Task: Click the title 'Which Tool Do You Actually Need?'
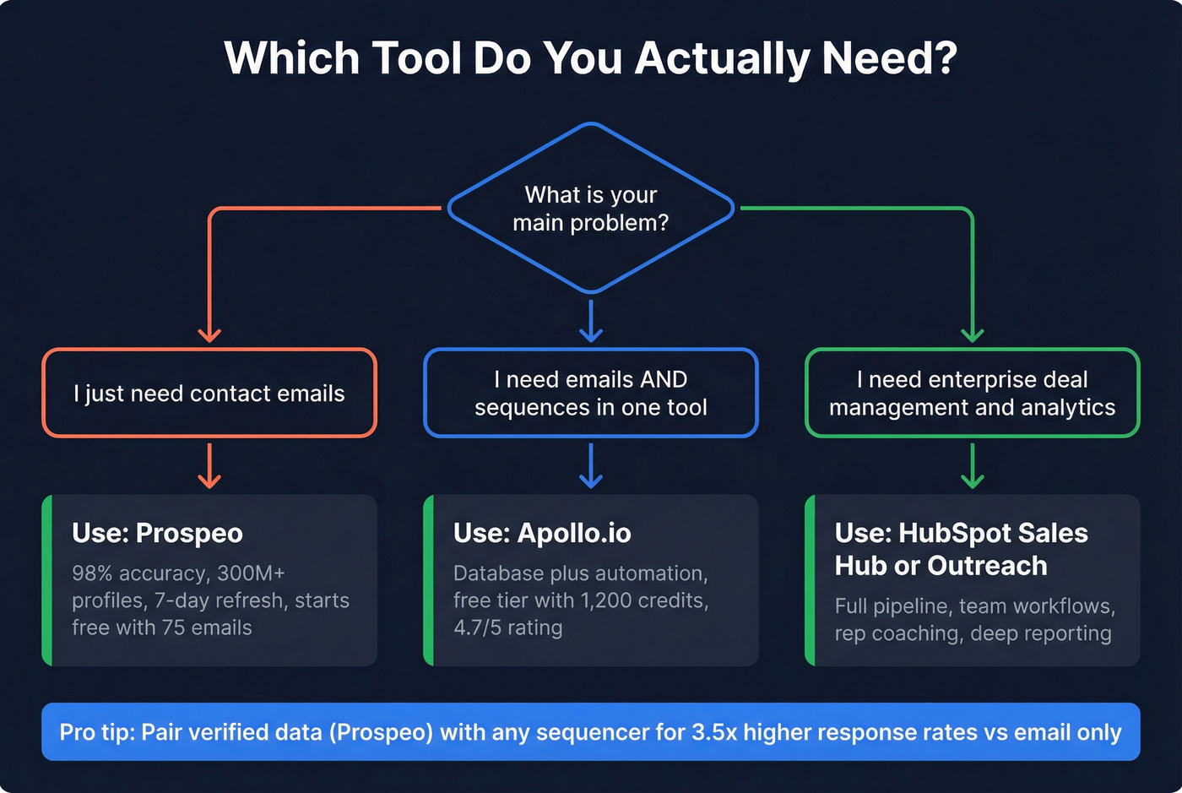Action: tap(590, 58)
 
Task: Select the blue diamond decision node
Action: tap(590, 209)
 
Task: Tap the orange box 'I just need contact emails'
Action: tap(209, 394)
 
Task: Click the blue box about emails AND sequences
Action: tap(590, 394)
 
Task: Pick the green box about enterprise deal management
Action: tap(972, 394)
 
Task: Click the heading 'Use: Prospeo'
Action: tap(157, 534)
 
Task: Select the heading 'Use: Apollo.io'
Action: tap(542, 534)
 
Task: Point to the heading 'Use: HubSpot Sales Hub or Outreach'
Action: tap(961, 549)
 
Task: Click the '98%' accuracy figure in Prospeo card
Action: tap(92, 573)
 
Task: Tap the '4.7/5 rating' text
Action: tap(507, 628)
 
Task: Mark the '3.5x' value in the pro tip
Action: tap(714, 732)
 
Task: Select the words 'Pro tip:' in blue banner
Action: tap(96, 732)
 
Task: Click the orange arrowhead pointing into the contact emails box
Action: tap(209, 334)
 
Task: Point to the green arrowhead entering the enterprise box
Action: tap(973, 334)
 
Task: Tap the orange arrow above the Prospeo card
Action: tap(209, 467)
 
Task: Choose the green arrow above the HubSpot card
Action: tap(973, 467)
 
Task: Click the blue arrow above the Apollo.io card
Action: tap(591, 467)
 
